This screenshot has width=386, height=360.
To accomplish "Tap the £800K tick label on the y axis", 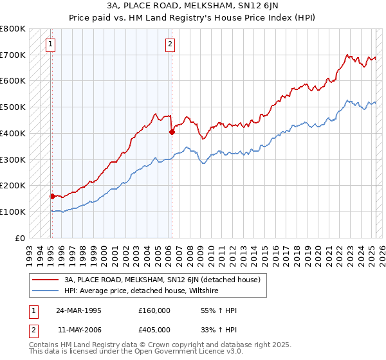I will pos(13,29).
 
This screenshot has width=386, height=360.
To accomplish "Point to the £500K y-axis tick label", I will pos(13,107).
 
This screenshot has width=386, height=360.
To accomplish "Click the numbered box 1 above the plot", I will pos(50,44).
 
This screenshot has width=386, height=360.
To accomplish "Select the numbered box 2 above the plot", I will pos(170,44).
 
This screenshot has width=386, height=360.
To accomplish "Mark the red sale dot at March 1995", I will pos(52,195).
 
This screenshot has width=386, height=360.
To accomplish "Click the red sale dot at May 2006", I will pos(172,132).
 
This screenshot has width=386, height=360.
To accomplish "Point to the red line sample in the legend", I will pos(46,280).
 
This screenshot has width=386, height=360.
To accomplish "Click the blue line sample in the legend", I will pos(46,291).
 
